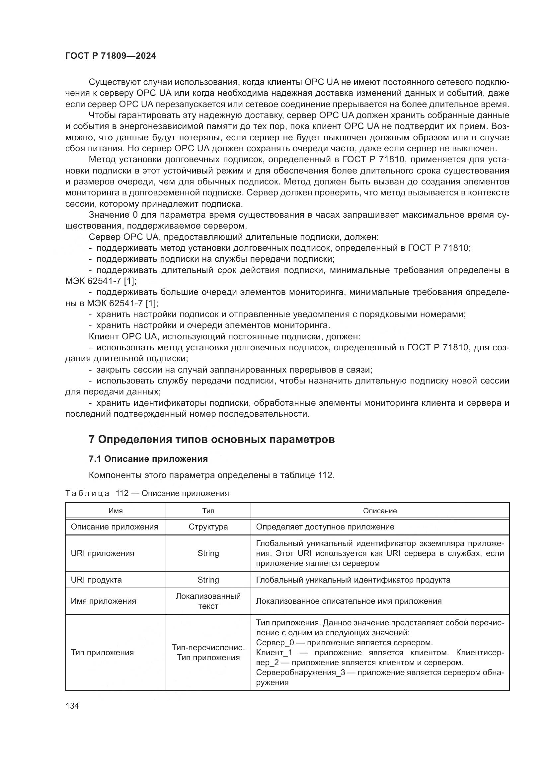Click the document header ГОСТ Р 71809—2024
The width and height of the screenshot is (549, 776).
[111, 56]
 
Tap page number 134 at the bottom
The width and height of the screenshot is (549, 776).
[72, 706]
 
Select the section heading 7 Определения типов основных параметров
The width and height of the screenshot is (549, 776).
[212, 439]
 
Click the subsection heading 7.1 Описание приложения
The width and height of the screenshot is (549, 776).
[148, 459]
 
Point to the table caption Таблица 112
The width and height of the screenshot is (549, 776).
[147, 493]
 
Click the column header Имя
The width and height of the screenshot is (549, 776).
[115, 511]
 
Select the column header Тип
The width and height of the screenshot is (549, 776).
[208, 511]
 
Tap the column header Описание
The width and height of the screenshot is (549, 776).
[380, 511]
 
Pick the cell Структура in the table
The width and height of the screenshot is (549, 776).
[208, 527]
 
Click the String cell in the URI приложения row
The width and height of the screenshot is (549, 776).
[208, 553]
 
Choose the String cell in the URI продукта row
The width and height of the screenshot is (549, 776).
[208, 580]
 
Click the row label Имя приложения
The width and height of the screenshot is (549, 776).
[103, 601]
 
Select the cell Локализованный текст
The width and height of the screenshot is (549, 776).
[208, 601]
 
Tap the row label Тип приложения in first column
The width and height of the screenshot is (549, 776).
[102, 653]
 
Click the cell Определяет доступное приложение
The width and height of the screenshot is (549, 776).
[325, 527]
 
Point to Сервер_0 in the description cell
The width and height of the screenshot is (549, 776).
[275, 643]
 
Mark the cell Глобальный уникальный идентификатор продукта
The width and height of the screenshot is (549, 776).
[353, 580]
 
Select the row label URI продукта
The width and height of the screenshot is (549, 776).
[96, 580]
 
